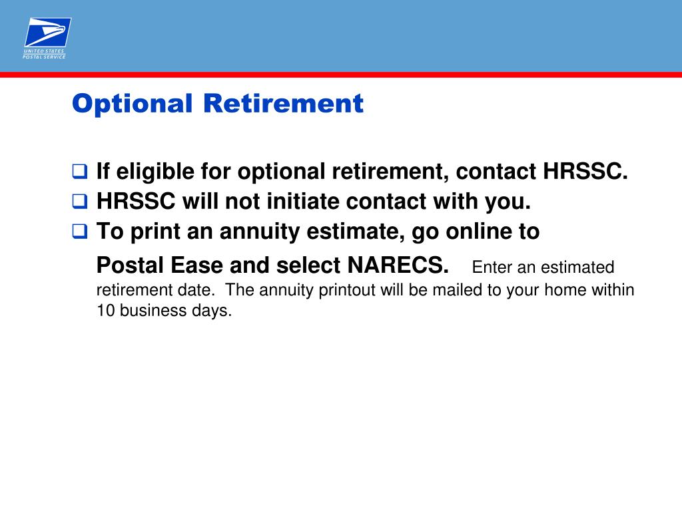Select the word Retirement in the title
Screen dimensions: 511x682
tap(283, 104)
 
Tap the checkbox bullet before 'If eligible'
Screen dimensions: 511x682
tap(79, 172)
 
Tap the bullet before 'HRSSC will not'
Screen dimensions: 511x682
tap(79, 202)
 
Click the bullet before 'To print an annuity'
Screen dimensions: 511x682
tap(79, 232)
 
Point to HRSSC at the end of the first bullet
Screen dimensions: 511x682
tap(585, 172)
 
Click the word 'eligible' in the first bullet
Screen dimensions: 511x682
tap(151, 172)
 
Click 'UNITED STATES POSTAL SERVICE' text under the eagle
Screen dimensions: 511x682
tap(45, 53)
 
